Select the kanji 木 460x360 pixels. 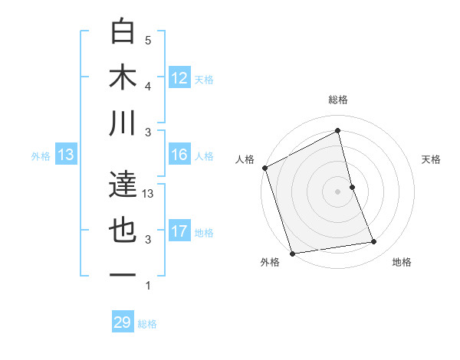[123, 77]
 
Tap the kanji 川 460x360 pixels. [123, 123]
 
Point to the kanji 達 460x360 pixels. [123, 185]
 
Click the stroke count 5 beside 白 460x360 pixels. [148, 40]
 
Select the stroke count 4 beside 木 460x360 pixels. [148, 86]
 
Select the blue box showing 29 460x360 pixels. [123, 322]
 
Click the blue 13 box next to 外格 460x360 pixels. [65, 155]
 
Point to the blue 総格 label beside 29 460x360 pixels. [147, 323]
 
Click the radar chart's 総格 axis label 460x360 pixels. [337, 100]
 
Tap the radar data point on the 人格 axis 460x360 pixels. [265, 168]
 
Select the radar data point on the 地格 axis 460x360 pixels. [374, 242]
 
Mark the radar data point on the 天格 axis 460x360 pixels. [352, 187]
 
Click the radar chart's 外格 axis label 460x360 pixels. [270, 262]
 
